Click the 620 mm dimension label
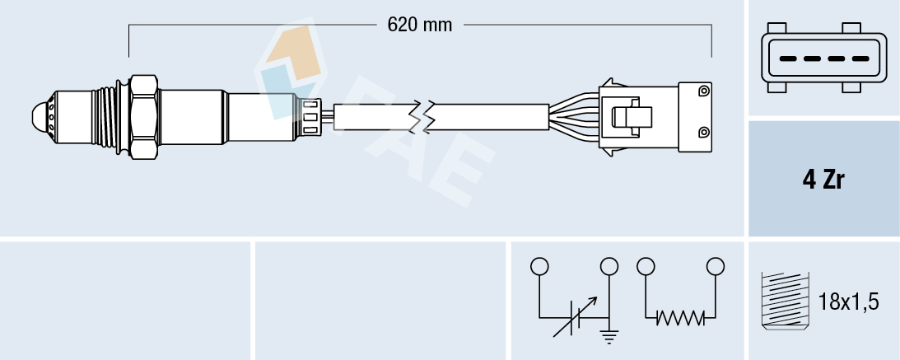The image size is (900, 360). click(420, 25)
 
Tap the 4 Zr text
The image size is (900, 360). click(823, 180)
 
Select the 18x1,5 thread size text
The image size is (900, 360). click(849, 302)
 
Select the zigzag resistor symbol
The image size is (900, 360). click(680, 317)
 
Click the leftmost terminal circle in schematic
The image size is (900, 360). click(539, 266)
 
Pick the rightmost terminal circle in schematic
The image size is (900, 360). click(716, 266)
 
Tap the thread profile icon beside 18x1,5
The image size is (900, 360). click(785, 302)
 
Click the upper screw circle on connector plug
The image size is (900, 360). click(702, 90)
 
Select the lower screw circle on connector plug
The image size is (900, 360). click(702, 132)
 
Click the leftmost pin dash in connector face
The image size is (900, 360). click(788, 59)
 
